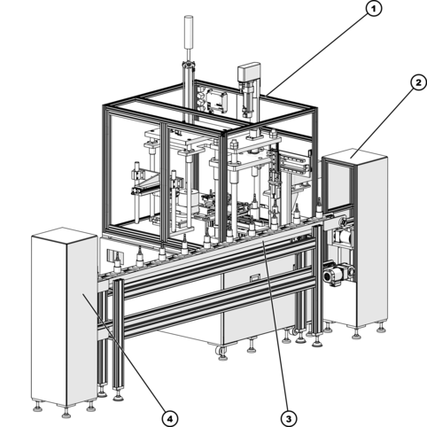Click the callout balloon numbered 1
pos(374,9)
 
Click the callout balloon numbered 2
pos(418,83)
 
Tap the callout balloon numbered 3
pos(289,418)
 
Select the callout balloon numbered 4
pos(170,418)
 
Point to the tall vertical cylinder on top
pos(188,32)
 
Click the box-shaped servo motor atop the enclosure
pos(250,73)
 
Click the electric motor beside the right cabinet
pos(336,274)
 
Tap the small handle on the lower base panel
pos(254,278)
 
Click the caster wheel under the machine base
pos(220,351)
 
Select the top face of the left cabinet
pos(65,236)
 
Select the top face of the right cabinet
pos(355,153)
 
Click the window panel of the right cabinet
pos(338,183)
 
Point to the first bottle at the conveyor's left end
pos(117,263)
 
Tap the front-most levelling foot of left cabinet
pos(66,413)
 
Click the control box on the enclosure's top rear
pos(217,102)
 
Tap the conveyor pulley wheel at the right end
pos(343,222)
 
